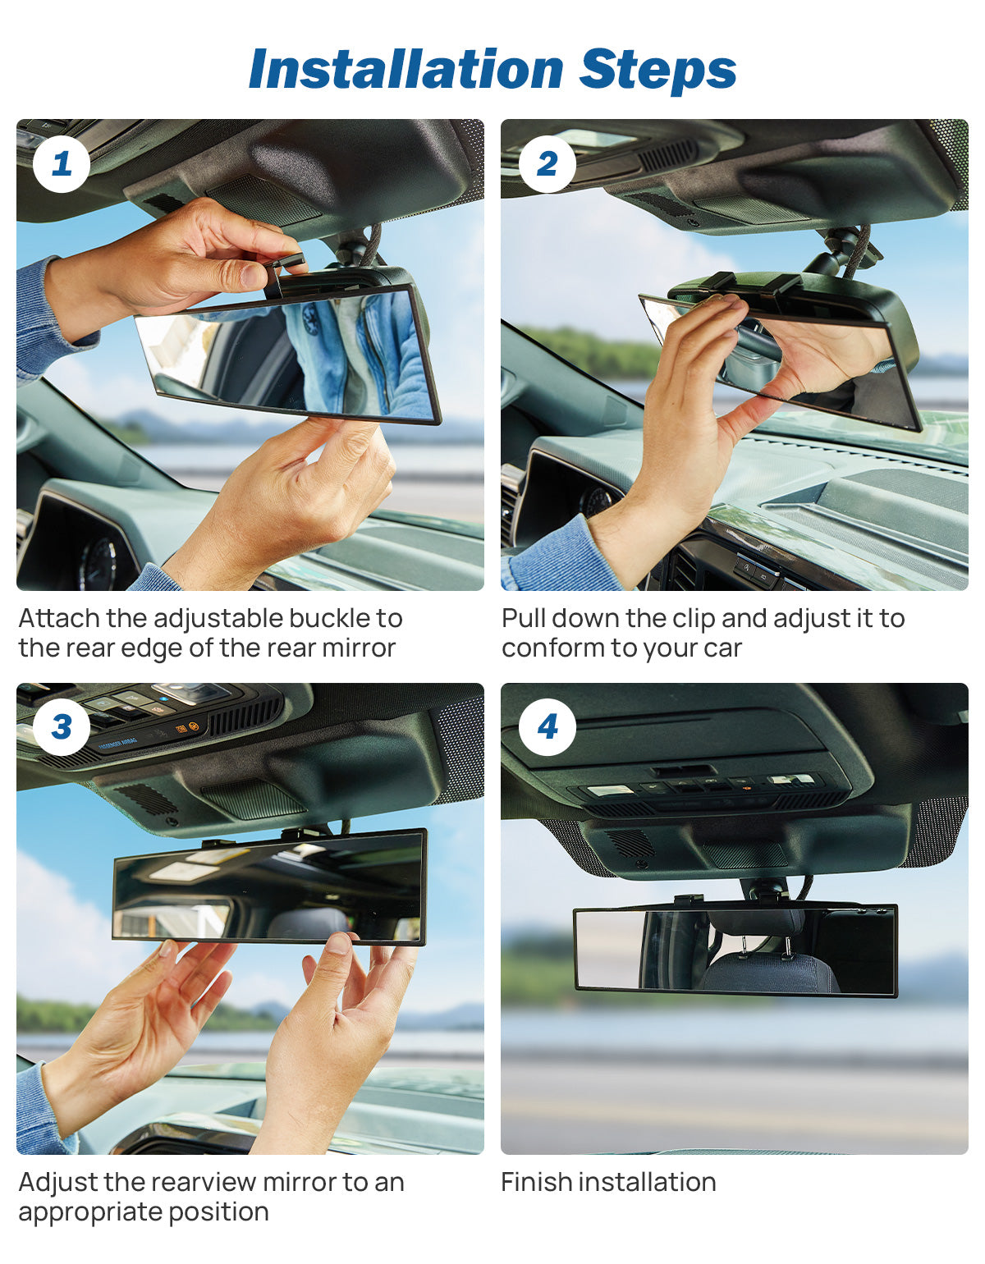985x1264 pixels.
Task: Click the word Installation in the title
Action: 405,69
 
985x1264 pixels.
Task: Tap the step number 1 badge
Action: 61,164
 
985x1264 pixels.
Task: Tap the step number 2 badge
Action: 547,164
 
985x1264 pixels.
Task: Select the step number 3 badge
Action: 61,727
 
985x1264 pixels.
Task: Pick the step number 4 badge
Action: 547,727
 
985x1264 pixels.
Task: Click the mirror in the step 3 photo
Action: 269,886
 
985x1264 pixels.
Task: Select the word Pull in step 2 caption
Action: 524,618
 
